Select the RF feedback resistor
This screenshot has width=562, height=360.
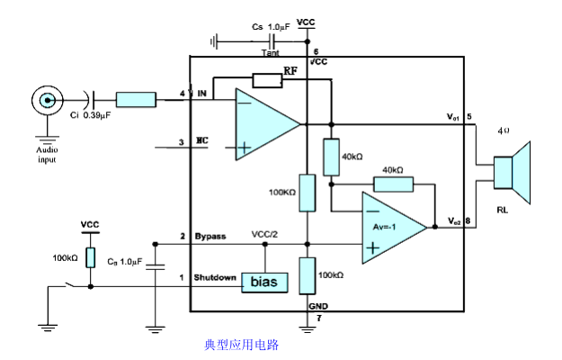(267, 80)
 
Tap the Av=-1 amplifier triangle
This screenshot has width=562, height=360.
(391, 228)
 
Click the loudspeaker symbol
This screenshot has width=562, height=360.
(512, 172)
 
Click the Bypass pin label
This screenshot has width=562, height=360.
(210, 237)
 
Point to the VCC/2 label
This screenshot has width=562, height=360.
(267, 235)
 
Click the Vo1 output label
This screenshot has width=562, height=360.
(453, 116)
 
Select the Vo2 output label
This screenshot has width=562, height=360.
(453, 220)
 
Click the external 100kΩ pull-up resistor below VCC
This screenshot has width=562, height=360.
(90, 256)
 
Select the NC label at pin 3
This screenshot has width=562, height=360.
(202, 141)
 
